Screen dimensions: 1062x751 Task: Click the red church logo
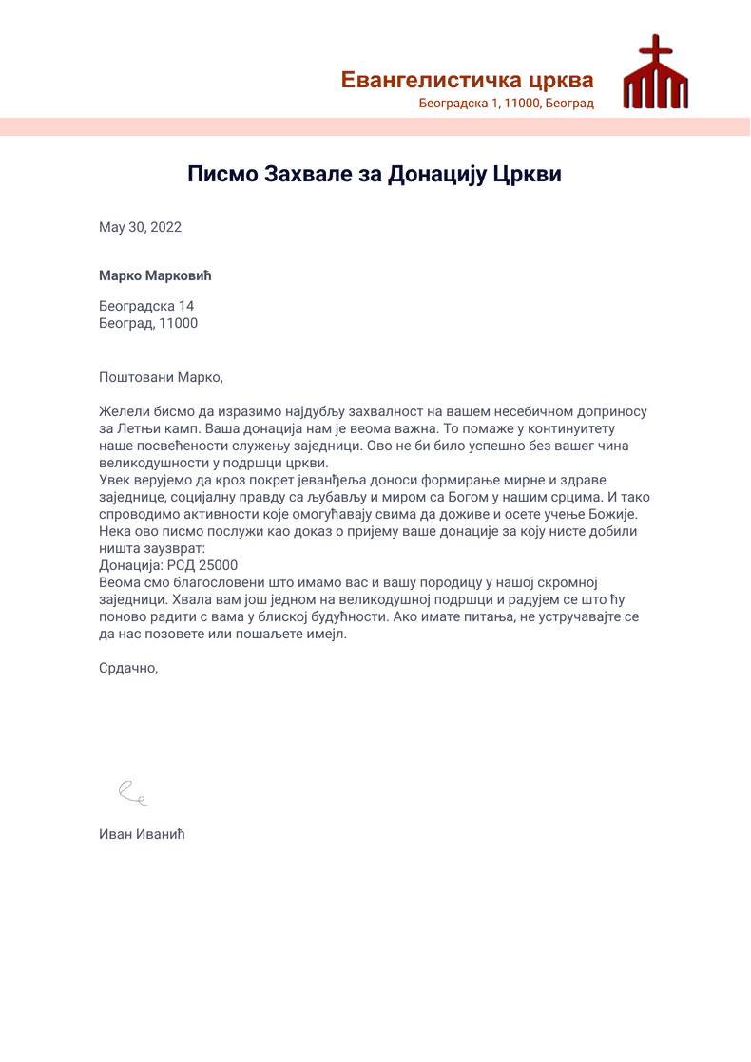coord(655,76)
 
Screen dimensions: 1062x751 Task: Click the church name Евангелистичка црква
coord(467,81)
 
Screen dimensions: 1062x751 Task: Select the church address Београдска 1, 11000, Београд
coord(506,104)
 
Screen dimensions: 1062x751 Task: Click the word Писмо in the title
coord(221,174)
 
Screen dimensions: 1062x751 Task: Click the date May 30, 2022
coord(140,227)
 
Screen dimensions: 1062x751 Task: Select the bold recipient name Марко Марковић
coord(154,276)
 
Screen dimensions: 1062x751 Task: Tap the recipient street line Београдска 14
coord(146,306)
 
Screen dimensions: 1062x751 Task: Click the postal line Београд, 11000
coord(148,323)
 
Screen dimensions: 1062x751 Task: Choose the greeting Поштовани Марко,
coord(161,377)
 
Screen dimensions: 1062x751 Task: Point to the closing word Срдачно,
coord(128,668)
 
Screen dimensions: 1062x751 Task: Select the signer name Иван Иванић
coord(141,835)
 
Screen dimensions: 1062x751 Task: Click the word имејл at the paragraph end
coord(325,634)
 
